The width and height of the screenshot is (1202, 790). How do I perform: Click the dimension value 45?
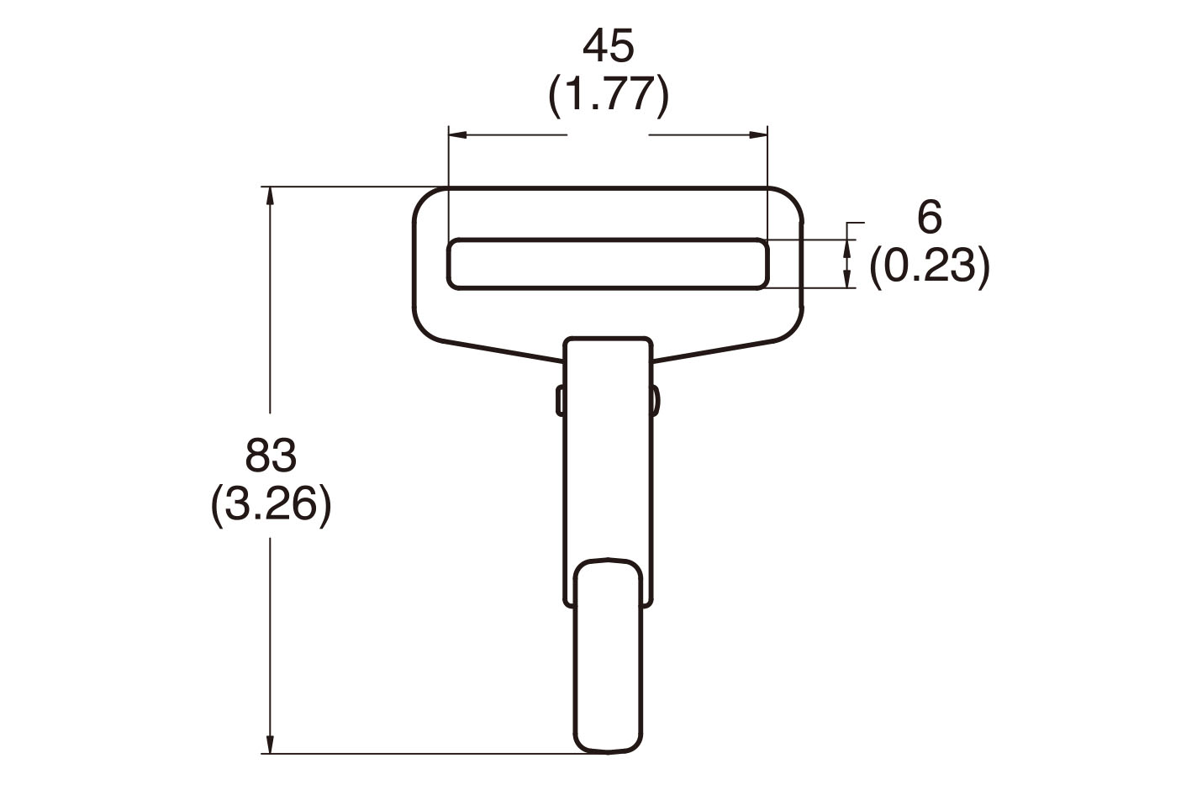coord(608,47)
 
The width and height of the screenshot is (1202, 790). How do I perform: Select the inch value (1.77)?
coord(609,95)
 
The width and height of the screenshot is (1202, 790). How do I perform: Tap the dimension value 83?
coord(271,455)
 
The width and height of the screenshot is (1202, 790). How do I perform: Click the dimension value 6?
coord(930,218)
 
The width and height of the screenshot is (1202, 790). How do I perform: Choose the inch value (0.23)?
coord(930,266)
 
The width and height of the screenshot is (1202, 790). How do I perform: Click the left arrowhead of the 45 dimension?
coord(457,134)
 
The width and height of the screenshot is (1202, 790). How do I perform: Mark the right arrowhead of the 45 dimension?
coord(759,134)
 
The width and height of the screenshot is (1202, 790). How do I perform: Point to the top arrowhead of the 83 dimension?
coord(270,195)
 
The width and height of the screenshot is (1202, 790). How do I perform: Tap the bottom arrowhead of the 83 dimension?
coord(270,745)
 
